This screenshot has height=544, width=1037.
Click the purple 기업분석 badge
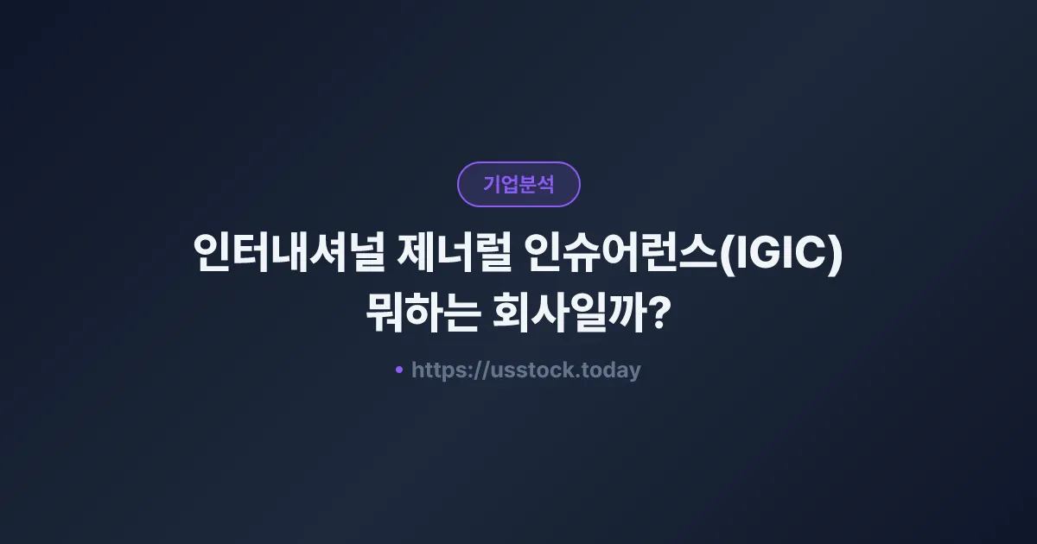tap(518, 184)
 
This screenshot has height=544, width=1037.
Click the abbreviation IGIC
tap(779, 255)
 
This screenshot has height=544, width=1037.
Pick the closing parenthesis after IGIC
tap(834, 256)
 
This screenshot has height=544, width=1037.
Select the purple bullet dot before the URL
tap(399, 370)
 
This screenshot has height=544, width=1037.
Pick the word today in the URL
tap(612, 370)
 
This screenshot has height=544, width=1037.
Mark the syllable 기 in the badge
tap(492, 184)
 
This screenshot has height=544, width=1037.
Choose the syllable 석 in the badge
tap(545, 184)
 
